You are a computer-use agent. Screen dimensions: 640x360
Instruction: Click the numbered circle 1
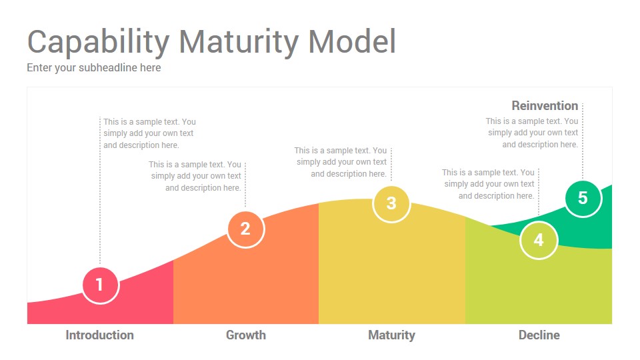coord(101,285)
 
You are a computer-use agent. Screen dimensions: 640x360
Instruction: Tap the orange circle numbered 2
coord(246,229)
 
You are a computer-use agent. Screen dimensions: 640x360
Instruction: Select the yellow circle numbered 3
coord(391,204)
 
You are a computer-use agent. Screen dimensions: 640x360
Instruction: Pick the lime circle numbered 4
coord(539,240)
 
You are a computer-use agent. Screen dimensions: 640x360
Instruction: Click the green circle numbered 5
coord(583,199)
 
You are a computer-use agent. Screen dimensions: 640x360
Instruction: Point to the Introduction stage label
coord(99,335)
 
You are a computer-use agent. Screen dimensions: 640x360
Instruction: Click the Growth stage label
coord(246,335)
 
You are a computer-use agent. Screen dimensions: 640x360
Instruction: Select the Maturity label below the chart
coord(391,335)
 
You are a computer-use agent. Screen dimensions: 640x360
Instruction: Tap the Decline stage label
coord(539,335)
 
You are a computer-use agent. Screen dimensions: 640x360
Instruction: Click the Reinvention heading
coord(545,106)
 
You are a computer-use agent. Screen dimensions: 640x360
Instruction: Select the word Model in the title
coord(352,41)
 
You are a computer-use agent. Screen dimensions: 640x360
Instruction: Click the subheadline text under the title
coord(94,68)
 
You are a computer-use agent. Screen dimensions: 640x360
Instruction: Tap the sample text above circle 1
coord(149,133)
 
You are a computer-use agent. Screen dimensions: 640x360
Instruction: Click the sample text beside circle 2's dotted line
coord(195,176)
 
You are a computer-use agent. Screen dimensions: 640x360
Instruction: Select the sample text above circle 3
coord(341,162)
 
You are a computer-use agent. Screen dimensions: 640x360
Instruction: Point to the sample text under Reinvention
coord(532,133)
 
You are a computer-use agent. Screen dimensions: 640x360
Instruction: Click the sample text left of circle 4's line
coord(488,184)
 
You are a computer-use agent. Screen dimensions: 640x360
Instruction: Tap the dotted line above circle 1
coord(100,191)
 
